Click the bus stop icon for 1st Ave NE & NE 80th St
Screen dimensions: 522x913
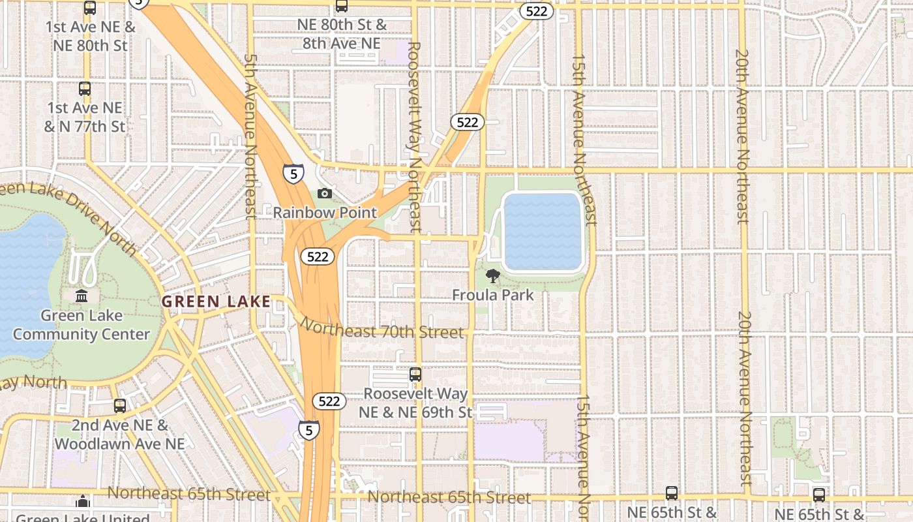click(x=90, y=8)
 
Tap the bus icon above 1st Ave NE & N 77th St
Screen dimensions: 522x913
click(x=85, y=89)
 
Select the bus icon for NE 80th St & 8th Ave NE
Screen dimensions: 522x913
click(x=342, y=6)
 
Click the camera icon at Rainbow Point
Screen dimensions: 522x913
click(x=324, y=193)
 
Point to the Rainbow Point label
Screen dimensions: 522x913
click(x=325, y=213)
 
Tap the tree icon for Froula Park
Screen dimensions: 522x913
click(x=493, y=276)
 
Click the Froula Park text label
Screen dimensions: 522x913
click(x=493, y=295)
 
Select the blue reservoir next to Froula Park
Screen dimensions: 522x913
click(x=543, y=232)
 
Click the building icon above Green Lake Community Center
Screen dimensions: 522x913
click(x=82, y=296)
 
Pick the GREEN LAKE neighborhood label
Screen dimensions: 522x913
click(x=216, y=301)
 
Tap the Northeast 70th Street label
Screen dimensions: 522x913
click(x=382, y=330)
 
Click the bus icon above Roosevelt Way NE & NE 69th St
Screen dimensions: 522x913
click(x=415, y=375)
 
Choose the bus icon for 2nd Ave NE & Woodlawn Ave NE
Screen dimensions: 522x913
click(x=120, y=405)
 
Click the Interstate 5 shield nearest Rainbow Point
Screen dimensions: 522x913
click(x=293, y=174)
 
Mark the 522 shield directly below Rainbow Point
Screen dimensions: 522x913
click(x=318, y=256)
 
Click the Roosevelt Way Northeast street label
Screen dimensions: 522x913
click(x=414, y=137)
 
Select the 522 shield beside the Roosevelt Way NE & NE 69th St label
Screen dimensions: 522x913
click(x=329, y=401)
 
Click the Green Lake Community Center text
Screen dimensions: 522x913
click(x=82, y=325)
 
